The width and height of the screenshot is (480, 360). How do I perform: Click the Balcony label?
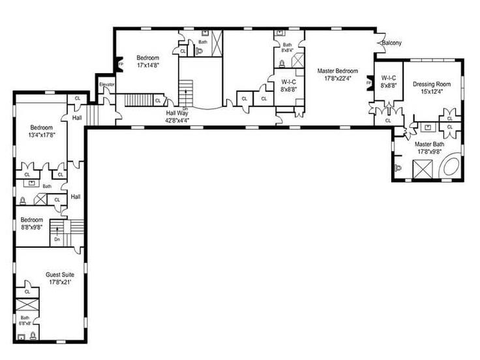click(392, 43)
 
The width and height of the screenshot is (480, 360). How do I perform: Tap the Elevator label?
click(106, 84)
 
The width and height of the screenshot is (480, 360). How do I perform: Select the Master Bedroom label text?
click(337, 70)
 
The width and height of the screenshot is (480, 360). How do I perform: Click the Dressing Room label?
click(432, 84)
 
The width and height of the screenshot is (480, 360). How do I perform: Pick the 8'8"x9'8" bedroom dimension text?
click(31, 228)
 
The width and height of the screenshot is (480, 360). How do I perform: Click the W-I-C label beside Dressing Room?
click(389, 78)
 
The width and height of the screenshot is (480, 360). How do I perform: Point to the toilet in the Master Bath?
click(399, 168)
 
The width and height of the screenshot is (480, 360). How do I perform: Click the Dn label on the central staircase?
click(186, 108)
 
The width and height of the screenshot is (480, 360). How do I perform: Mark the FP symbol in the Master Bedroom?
click(369, 83)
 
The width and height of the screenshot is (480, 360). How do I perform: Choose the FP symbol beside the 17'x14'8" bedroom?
click(120, 64)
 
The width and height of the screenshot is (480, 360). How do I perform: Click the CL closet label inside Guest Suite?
click(27, 292)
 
